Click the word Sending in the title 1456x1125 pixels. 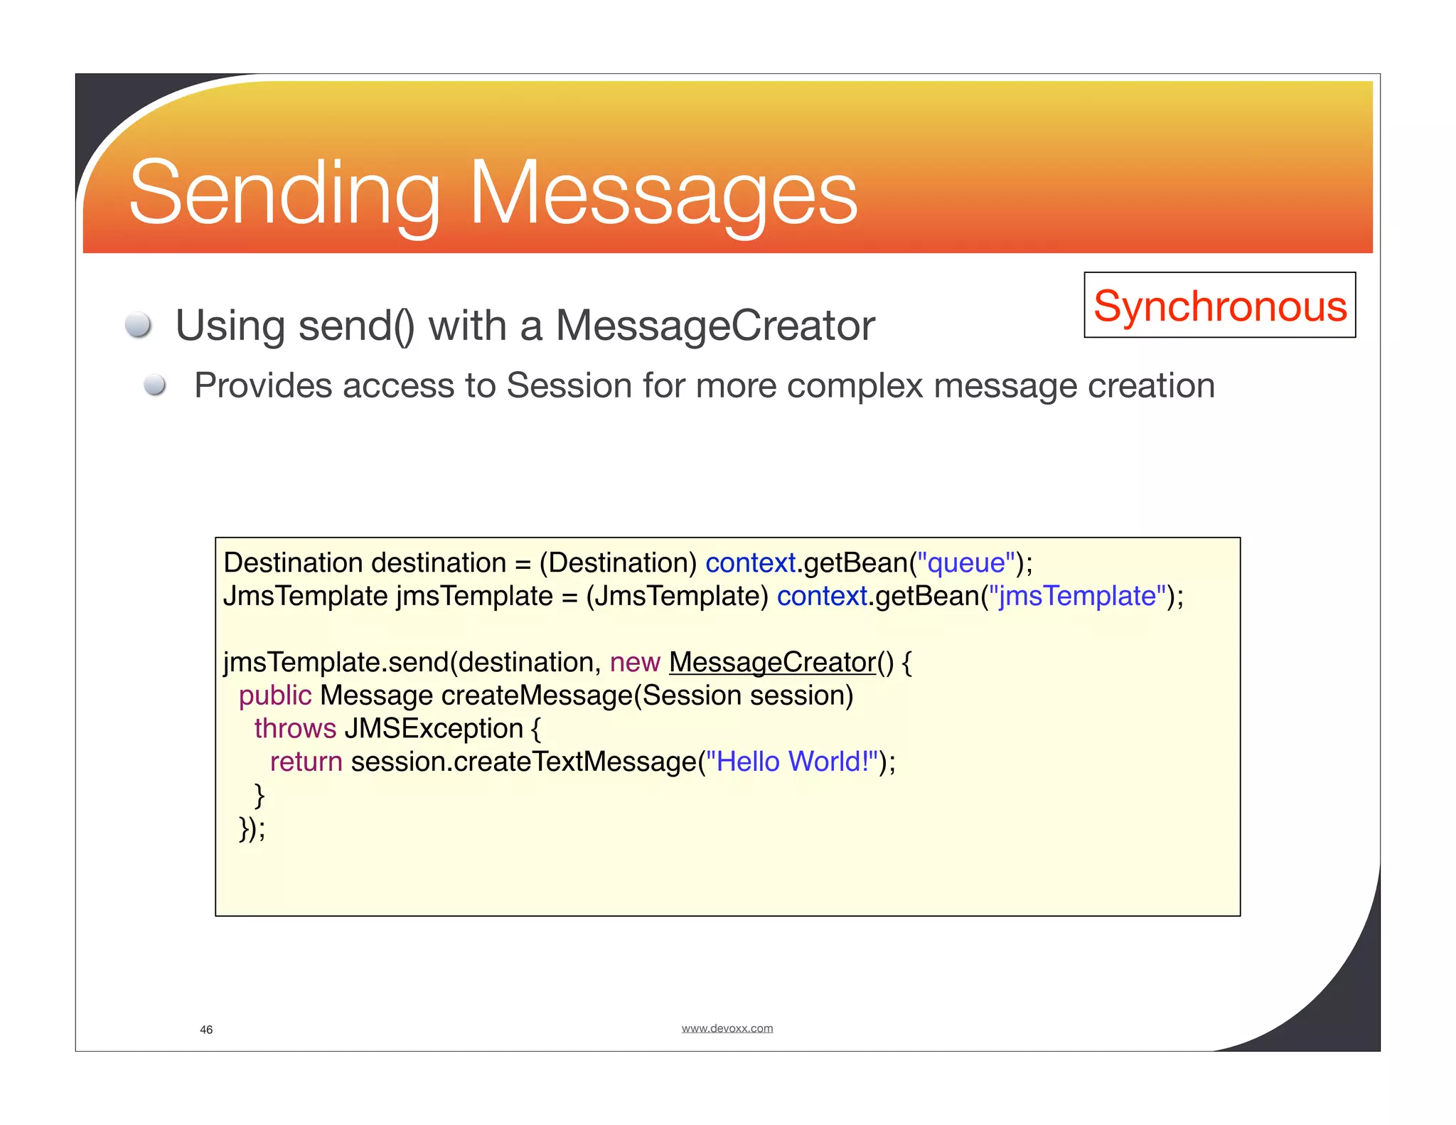(x=284, y=193)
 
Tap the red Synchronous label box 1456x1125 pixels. (x=1219, y=305)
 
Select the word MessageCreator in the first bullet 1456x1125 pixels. (x=714, y=326)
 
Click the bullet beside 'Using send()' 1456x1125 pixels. (x=138, y=325)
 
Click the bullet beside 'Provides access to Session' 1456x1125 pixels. (x=154, y=385)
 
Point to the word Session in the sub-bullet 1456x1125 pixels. (x=569, y=385)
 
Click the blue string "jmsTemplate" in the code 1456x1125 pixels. (x=1078, y=596)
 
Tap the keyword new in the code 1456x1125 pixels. (x=635, y=662)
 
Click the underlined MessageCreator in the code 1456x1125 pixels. (x=772, y=662)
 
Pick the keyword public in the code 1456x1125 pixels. (x=275, y=695)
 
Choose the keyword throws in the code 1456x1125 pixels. (x=295, y=728)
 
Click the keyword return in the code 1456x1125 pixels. (x=306, y=762)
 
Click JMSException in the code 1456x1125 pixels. (x=434, y=728)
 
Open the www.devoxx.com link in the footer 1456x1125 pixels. (x=727, y=1028)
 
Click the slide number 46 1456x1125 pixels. (x=206, y=1030)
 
